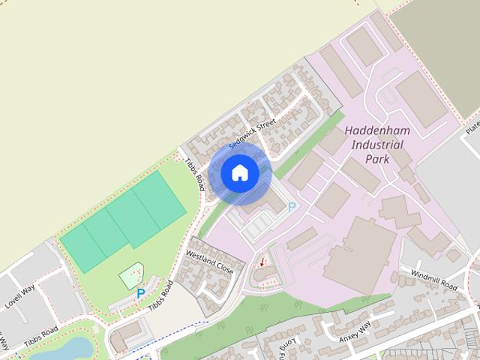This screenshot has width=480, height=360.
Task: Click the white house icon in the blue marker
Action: [239, 173]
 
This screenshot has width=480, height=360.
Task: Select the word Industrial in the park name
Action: [376, 145]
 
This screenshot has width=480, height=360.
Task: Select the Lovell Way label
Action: [20, 298]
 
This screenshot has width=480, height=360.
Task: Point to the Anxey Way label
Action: [355, 331]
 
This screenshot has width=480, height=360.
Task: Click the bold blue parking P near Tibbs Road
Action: [140, 294]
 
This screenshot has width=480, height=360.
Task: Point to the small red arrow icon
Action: [262, 262]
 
